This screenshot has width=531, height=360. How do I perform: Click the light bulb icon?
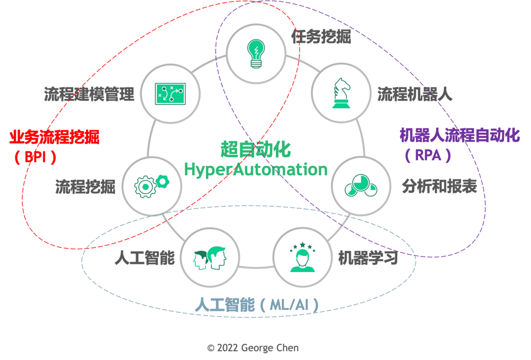click(x=256, y=53)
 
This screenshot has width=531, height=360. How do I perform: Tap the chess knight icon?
click(x=342, y=92)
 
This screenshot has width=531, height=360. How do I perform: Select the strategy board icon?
click(x=170, y=93)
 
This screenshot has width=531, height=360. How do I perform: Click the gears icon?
click(x=152, y=185)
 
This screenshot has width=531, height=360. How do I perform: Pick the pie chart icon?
click(x=361, y=186)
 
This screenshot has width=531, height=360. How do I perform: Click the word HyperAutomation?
click(x=256, y=169)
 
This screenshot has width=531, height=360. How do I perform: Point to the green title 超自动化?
click(x=256, y=149)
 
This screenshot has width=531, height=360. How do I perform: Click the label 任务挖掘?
click(x=321, y=37)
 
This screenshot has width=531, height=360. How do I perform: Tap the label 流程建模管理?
click(x=89, y=94)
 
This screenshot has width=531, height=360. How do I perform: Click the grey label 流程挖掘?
click(x=85, y=186)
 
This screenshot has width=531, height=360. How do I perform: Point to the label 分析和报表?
click(x=439, y=186)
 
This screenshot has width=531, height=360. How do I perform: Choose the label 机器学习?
click(x=368, y=258)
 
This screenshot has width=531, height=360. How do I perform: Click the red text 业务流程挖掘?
click(x=55, y=137)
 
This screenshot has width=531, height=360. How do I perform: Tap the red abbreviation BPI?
click(x=35, y=157)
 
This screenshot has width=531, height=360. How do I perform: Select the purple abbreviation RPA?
click(x=428, y=155)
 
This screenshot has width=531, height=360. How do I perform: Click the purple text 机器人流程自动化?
click(x=459, y=135)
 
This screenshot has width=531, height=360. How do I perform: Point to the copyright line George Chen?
click(x=253, y=348)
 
